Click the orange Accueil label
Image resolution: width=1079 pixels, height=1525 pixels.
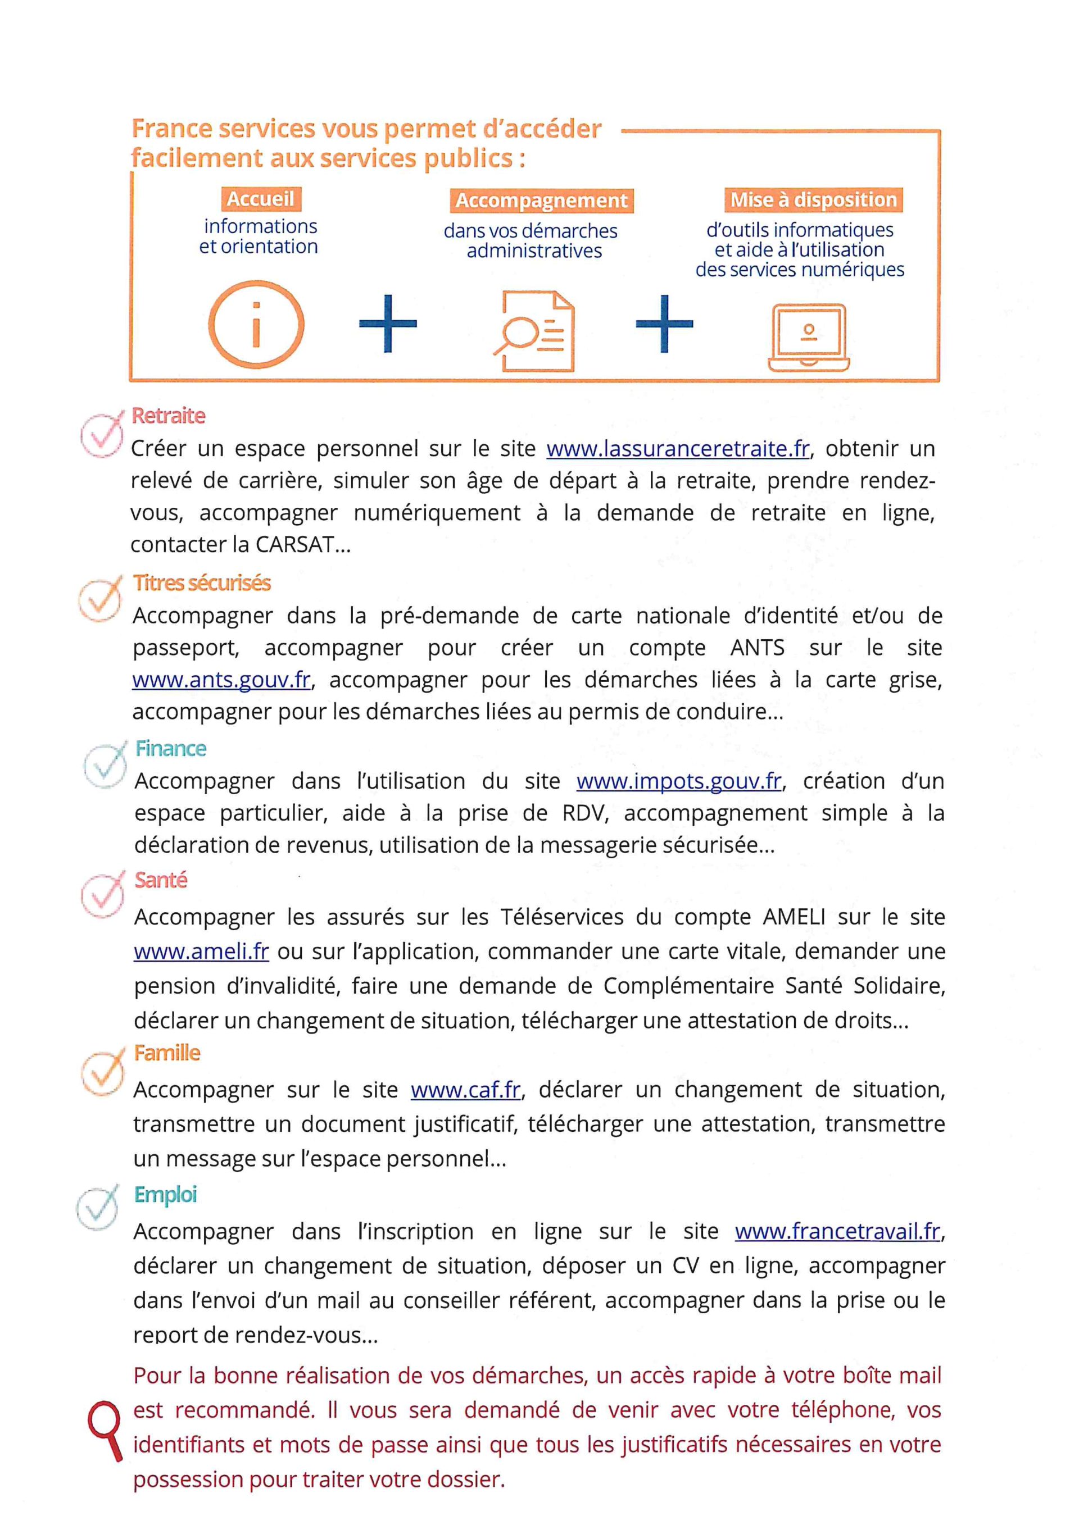[260, 199]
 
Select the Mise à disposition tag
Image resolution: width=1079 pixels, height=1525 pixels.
[813, 199]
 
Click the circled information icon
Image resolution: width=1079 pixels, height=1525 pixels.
[256, 325]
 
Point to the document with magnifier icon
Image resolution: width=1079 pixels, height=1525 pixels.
[534, 331]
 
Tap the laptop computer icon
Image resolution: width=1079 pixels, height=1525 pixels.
[809, 338]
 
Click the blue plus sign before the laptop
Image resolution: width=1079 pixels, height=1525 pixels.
[664, 324]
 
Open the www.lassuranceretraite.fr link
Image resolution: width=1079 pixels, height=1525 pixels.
[678, 449]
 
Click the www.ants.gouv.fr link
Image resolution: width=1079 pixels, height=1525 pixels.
[221, 680]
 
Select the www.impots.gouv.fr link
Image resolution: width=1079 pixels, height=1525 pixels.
[678, 781]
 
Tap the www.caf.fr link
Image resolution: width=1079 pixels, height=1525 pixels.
[465, 1090]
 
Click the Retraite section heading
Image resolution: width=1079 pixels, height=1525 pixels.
[168, 416]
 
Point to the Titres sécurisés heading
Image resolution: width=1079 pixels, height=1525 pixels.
[202, 582]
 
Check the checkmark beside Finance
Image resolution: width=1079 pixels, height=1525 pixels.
[105, 765]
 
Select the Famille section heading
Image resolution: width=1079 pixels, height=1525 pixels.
[167, 1053]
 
